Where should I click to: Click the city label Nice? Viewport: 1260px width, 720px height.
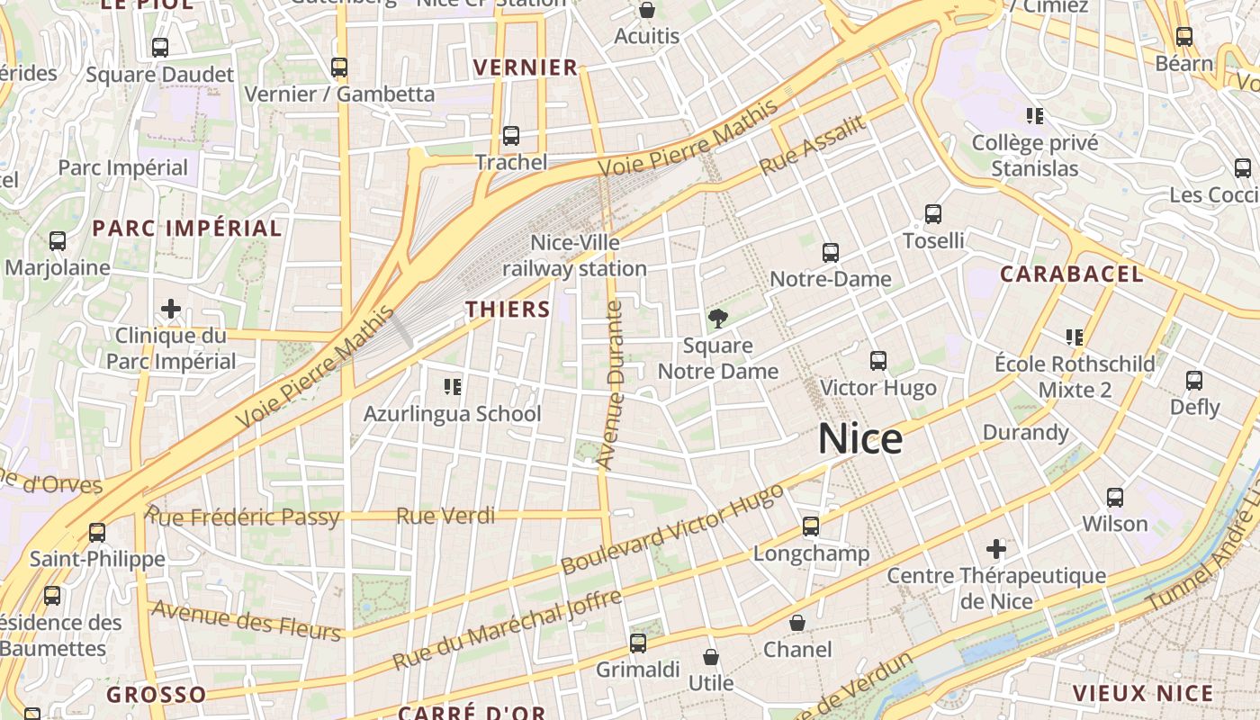[x=859, y=439]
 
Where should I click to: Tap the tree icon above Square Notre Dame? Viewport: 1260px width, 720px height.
[x=717, y=318]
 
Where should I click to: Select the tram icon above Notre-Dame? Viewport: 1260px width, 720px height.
[x=830, y=253]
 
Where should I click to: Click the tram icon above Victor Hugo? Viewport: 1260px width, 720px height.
[x=878, y=361]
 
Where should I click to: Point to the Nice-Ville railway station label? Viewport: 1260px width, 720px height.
[x=574, y=256]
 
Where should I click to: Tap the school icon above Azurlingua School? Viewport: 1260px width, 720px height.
[x=453, y=387]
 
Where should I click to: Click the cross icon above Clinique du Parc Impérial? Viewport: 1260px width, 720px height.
[x=170, y=310]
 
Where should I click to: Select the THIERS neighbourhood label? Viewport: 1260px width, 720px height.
[x=508, y=310]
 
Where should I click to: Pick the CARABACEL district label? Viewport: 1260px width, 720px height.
[x=1071, y=274]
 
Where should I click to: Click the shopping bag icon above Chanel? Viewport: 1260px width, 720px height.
[x=797, y=623]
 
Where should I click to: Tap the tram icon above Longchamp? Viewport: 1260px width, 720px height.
[x=811, y=526]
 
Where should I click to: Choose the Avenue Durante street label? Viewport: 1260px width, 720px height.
[x=610, y=385]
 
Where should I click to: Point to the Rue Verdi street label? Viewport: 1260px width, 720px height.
[x=445, y=516]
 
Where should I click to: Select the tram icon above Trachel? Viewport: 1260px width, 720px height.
[x=511, y=136]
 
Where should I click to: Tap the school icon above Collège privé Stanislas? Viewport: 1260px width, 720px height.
[x=1035, y=116]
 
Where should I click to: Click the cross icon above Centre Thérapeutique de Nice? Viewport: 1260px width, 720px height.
[x=996, y=548]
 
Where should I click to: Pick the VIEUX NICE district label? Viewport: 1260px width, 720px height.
[x=1142, y=694]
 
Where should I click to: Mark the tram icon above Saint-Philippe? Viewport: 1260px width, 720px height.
[x=97, y=532]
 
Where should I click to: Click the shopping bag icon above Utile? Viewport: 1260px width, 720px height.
[x=711, y=657]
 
